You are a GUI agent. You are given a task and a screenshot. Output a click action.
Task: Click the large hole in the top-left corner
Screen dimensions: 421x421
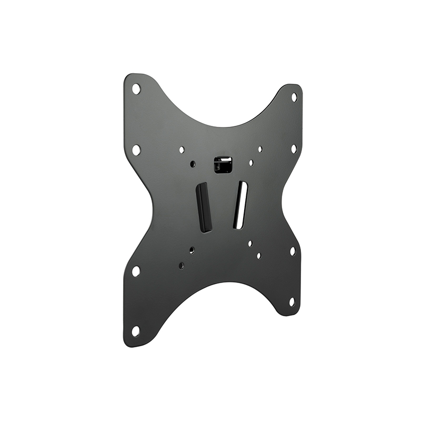click(136, 89)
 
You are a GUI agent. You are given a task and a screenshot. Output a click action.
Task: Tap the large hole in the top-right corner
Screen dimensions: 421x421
click(294, 97)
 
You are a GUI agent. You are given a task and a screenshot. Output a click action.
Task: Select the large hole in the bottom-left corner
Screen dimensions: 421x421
click(136, 331)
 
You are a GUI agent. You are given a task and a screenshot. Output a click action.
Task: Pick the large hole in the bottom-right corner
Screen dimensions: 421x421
click(292, 302)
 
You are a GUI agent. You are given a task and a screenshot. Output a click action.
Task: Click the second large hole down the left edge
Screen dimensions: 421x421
click(136, 149)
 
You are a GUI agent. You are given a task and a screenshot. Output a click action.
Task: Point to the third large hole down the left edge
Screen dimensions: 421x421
click(136, 271)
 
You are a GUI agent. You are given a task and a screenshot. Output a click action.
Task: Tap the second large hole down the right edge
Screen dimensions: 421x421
click(294, 148)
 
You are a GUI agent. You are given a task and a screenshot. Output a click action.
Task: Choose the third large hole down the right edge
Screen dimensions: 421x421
click(293, 251)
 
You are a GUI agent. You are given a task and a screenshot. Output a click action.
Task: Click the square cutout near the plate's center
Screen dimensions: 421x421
click(223, 164)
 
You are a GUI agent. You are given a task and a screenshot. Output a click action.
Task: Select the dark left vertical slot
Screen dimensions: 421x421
click(204, 208)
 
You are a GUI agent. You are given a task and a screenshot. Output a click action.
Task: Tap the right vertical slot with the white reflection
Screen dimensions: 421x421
click(240, 205)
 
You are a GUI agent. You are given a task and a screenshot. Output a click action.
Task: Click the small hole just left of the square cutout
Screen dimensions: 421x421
click(193, 164)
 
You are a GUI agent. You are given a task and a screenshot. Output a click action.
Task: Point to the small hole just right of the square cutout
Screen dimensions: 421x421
click(251, 163)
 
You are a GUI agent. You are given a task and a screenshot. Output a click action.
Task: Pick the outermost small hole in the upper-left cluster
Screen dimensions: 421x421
click(182, 149)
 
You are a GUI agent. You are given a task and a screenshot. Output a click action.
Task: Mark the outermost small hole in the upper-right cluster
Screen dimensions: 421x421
click(260, 149)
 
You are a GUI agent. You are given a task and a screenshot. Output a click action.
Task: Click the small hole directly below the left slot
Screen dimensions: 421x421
click(192, 250)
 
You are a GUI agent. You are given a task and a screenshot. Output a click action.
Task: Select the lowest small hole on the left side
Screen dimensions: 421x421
click(181, 266)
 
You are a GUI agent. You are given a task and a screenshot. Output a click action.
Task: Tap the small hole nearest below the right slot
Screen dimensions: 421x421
click(250, 244)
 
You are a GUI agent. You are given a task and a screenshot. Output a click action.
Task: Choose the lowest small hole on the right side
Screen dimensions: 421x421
click(258, 256)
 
